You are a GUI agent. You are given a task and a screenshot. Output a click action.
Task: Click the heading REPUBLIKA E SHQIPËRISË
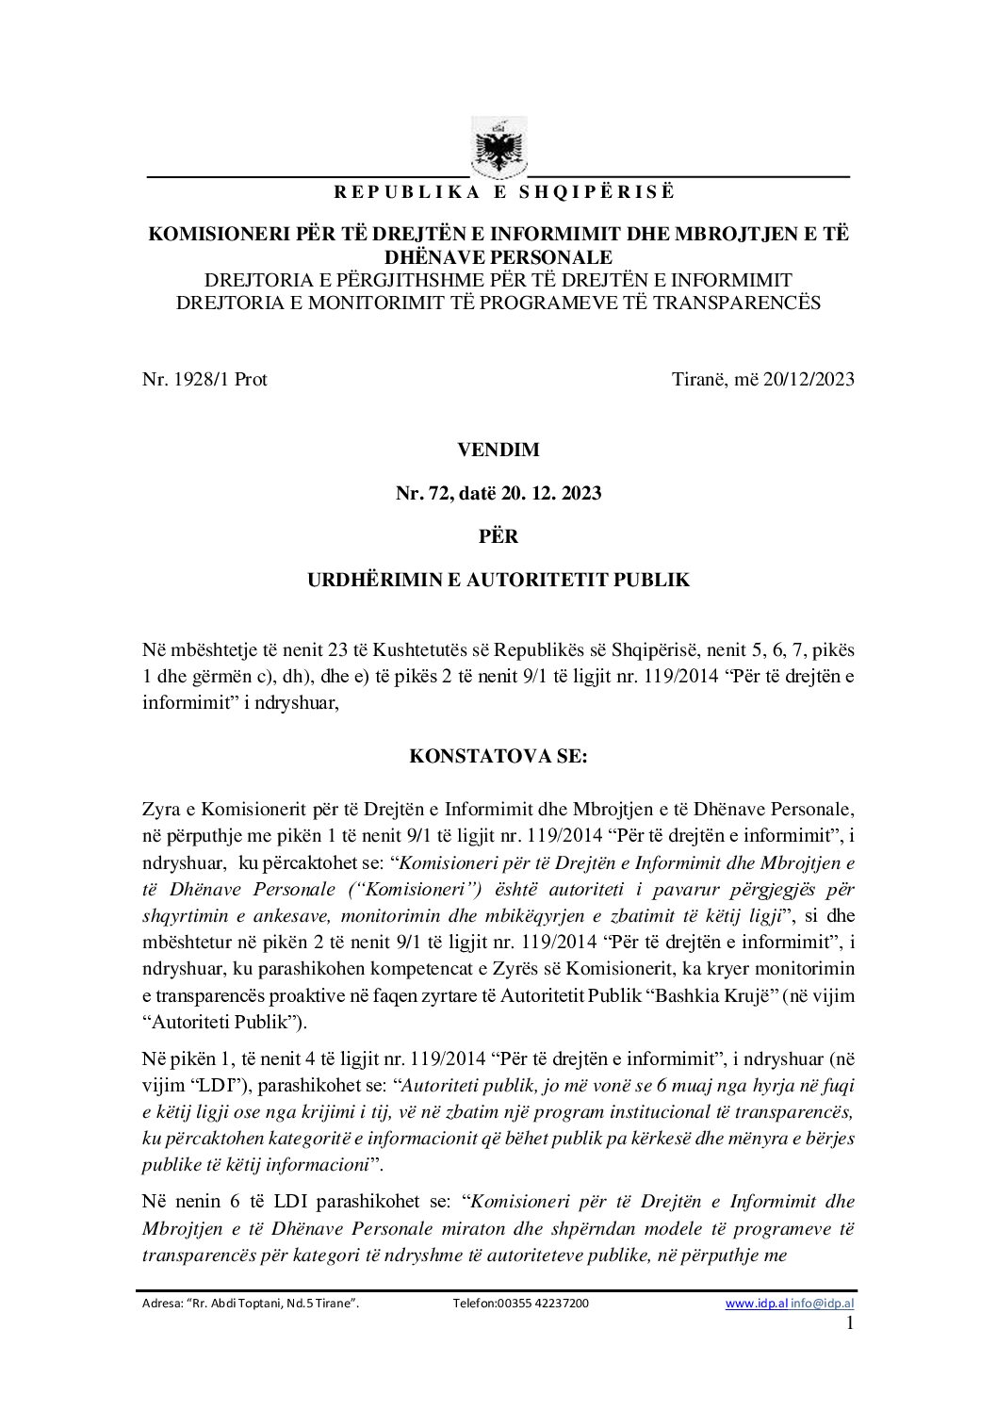click(x=504, y=192)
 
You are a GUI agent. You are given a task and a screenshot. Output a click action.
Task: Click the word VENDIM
click(x=498, y=450)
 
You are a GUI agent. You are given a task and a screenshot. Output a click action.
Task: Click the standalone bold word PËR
click(x=498, y=536)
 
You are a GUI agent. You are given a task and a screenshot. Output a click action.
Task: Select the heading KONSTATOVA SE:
click(x=498, y=756)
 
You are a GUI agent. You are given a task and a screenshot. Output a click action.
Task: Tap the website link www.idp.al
click(x=756, y=1304)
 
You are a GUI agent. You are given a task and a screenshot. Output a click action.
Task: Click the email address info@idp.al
click(x=823, y=1304)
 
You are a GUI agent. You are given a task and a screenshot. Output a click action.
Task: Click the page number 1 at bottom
click(x=850, y=1323)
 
